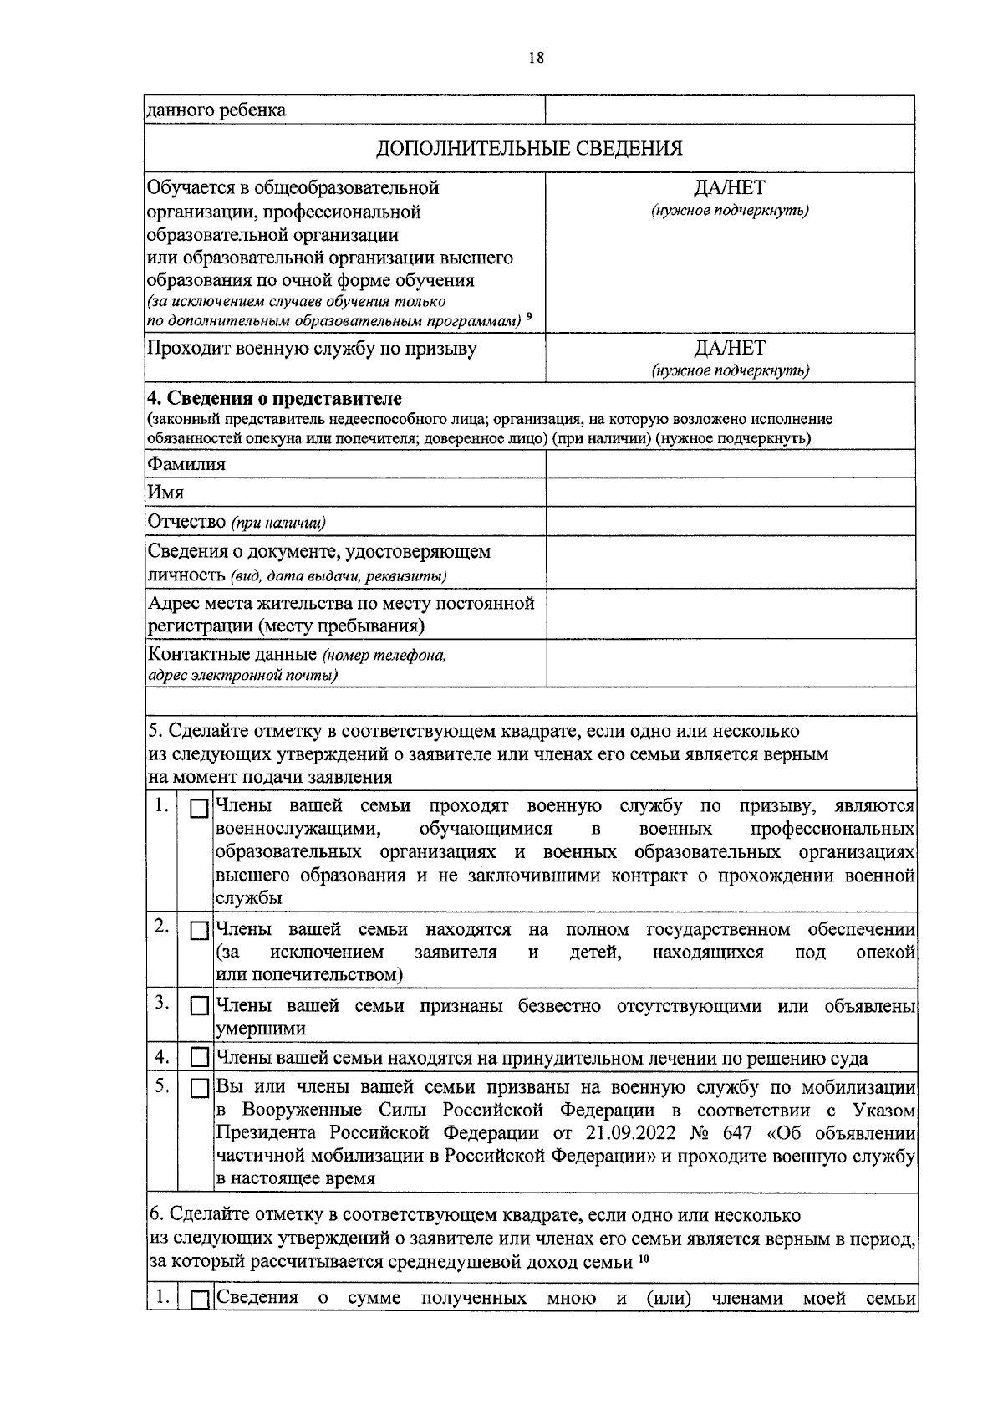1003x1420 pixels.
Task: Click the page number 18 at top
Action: pyautogui.click(x=536, y=58)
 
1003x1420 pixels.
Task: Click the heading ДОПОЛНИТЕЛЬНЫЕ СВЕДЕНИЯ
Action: pyautogui.click(x=529, y=149)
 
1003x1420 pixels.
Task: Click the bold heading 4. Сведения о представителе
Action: pyautogui.click(x=274, y=398)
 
